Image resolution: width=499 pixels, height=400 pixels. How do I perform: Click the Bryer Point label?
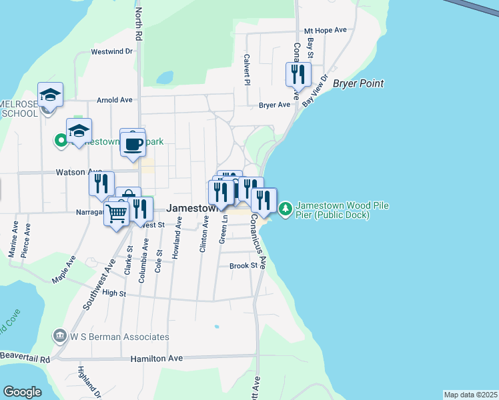(x=358, y=83)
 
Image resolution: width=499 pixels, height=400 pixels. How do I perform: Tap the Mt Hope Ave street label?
(x=326, y=31)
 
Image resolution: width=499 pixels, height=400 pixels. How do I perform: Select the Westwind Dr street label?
(x=112, y=51)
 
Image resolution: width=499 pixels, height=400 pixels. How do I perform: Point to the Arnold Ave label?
(x=115, y=100)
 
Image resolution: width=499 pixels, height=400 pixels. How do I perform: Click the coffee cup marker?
(x=133, y=142)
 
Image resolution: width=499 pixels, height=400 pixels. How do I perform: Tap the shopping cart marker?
(x=116, y=214)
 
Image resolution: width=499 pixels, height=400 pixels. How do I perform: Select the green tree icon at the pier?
(x=286, y=209)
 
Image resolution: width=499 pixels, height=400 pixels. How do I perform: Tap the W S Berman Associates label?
(x=119, y=337)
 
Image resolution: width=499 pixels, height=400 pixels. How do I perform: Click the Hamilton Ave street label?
(x=156, y=358)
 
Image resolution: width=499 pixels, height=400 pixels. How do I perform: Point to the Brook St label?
(x=243, y=265)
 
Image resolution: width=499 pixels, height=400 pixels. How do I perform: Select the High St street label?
(x=114, y=293)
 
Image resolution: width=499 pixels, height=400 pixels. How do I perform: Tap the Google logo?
(x=22, y=392)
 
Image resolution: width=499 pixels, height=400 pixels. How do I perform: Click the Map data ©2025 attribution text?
(x=470, y=395)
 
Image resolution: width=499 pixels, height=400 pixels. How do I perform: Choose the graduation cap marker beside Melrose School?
(x=50, y=95)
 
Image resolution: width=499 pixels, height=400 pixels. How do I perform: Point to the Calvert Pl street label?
(x=247, y=69)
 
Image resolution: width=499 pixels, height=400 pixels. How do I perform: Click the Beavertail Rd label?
(x=25, y=359)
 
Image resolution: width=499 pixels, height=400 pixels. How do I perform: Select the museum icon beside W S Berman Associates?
(x=60, y=335)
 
